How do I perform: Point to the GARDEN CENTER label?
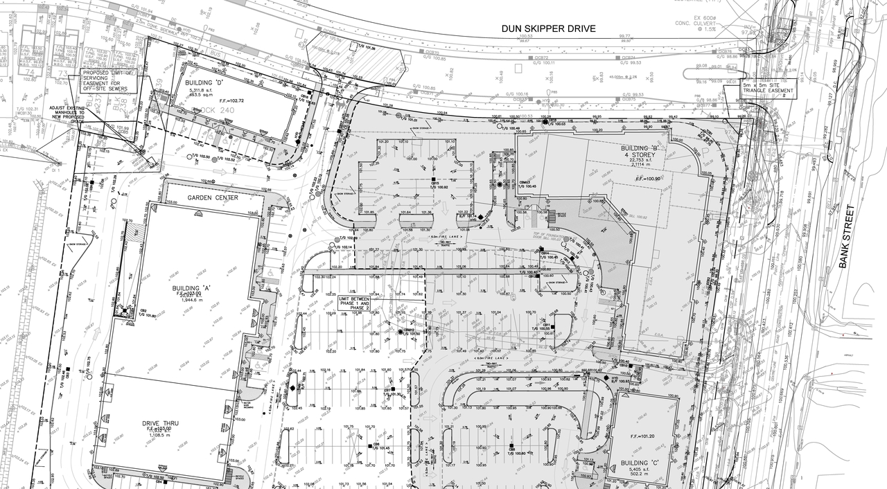click(x=213, y=198)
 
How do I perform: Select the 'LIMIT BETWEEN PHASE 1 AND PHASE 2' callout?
click(x=354, y=301)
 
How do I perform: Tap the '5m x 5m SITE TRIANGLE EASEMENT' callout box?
click(x=767, y=87)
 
